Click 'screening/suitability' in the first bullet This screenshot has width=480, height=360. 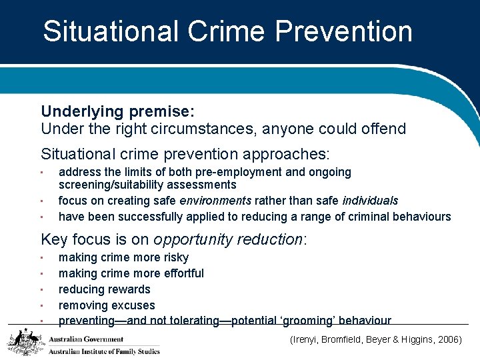click(x=111, y=185)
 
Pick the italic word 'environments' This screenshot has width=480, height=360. click(x=215, y=201)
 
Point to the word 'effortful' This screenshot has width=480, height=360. click(x=179, y=273)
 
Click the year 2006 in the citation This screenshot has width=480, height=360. click(x=447, y=339)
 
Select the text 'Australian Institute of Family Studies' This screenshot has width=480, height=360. click(x=104, y=351)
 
